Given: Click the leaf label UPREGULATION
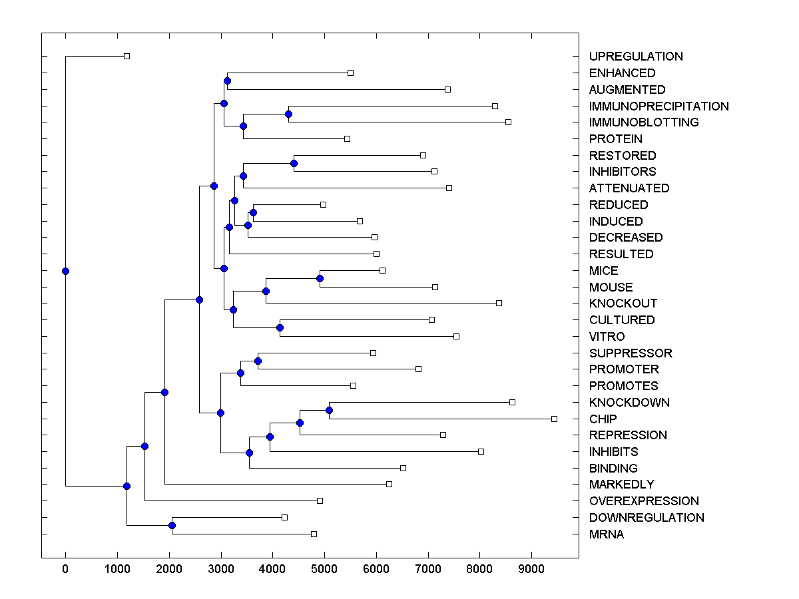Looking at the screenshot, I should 636,57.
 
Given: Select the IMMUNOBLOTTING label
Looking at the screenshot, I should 644,122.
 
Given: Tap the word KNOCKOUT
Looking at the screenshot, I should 623,303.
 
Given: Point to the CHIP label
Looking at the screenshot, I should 603,419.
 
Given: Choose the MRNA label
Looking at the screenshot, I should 607,534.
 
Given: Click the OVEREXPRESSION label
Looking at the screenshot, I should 644,501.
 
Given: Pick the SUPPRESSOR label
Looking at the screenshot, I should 631,353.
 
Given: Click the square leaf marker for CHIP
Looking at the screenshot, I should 554,419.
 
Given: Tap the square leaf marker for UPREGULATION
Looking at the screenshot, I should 127,57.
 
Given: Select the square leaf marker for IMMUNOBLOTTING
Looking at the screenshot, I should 508,122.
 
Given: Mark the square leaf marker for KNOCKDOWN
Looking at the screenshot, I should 512,402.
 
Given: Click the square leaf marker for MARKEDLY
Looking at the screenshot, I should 390,484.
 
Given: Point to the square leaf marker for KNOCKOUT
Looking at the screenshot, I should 499,303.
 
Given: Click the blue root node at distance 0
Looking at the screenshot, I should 65,271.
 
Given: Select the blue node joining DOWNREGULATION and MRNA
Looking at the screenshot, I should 172,526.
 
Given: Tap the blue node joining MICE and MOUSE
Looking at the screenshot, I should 320,279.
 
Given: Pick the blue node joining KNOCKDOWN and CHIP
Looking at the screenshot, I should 329,410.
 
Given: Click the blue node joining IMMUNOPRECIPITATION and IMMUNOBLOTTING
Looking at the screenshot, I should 288,114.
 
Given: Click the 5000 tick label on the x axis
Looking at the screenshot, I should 324,569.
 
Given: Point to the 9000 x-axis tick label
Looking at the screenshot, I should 531,569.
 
